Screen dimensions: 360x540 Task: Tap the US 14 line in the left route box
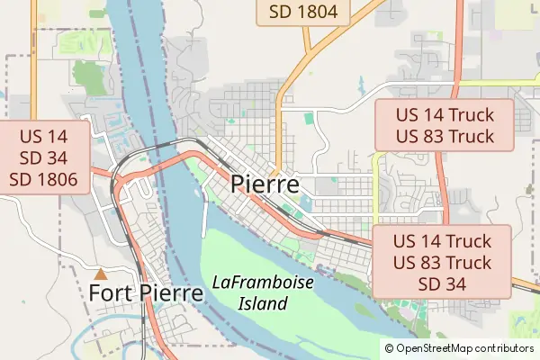(x=45, y=137)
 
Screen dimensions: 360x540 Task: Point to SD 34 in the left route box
(x=45, y=158)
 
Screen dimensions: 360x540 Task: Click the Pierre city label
(x=265, y=184)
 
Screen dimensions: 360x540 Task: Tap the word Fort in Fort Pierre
(x=112, y=293)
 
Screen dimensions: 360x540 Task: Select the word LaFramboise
(x=263, y=283)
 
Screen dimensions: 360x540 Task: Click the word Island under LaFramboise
(x=263, y=303)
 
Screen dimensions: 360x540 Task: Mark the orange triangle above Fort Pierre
(x=101, y=273)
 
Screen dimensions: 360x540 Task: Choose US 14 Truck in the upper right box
(x=444, y=115)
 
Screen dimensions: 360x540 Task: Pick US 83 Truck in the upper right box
(x=444, y=136)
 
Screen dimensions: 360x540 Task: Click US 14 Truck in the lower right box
(x=442, y=241)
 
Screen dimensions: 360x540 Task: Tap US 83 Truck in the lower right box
(x=442, y=263)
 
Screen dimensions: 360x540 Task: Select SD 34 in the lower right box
(x=442, y=283)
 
